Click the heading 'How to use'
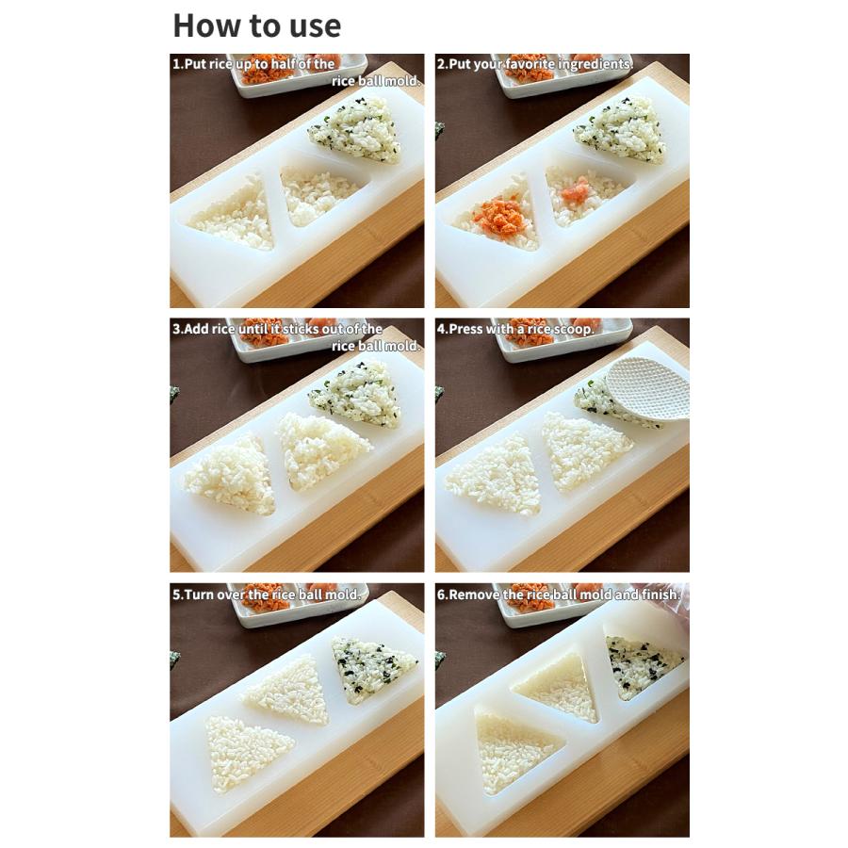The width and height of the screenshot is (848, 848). tap(256, 25)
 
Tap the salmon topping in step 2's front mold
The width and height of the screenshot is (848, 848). tap(499, 216)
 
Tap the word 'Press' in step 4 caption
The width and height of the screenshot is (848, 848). tap(467, 329)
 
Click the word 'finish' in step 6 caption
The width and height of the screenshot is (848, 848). tap(660, 595)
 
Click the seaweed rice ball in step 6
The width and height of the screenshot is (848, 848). tap(643, 663)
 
